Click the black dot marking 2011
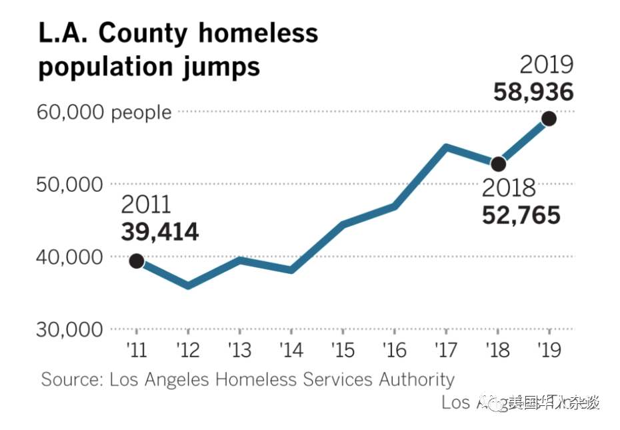point(136,261)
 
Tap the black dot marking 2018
point(498,164)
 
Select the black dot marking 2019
point(549,118)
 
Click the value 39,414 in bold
point(160,232)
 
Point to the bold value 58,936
point(533,91)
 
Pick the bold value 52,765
point(521,216)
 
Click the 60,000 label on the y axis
point(70,112)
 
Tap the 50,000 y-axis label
point(70,184)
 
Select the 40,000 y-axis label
point(70,257)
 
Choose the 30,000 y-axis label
point(70,330)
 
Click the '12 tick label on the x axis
point(187,350)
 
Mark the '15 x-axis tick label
point(343,350)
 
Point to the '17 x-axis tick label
point(445,350)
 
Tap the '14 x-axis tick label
point(291,350)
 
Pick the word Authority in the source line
point(417,380)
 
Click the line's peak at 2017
point(446,148)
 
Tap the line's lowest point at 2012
point(188,286)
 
